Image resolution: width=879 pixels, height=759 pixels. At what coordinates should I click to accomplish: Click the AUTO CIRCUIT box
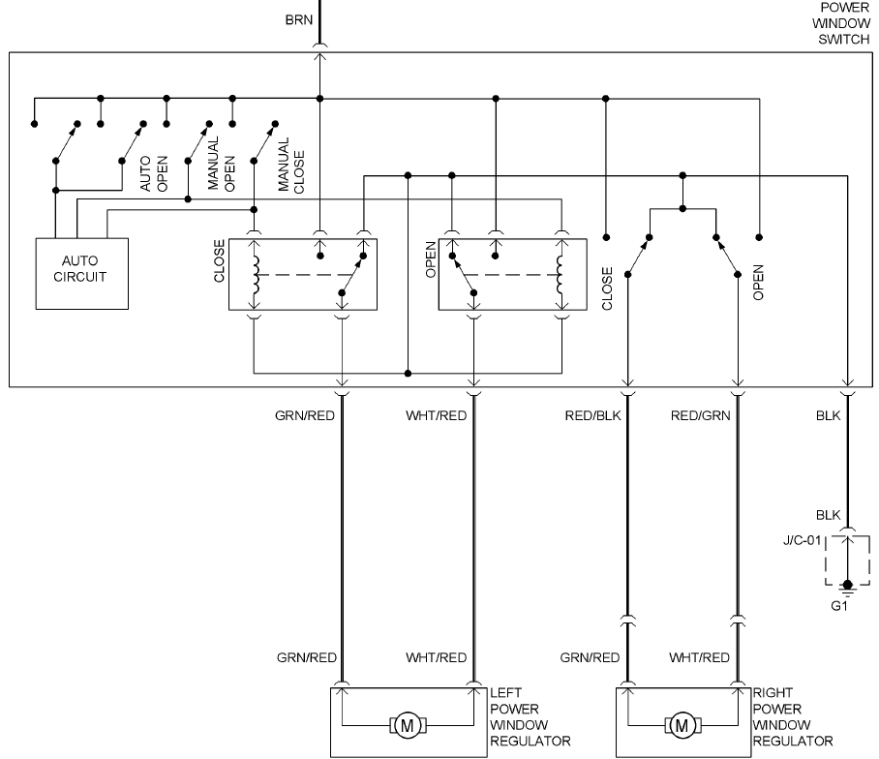[x=83, y=270]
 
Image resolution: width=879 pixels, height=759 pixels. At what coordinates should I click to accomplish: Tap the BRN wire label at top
[x=298, y=19]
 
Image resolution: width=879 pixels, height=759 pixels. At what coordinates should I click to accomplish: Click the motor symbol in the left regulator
[x=407, y=724]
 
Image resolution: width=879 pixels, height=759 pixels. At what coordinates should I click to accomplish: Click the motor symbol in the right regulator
[x=682, y=724]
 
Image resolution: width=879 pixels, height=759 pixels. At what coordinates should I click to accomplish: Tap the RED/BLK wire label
[x=591, y=416]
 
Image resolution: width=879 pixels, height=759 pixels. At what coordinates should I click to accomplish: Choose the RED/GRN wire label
[x=701, y=416]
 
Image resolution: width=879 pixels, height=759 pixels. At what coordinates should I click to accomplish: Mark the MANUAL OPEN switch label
[x=222, y=166]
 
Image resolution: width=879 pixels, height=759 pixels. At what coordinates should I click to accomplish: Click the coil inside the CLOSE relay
[x=256, y=273]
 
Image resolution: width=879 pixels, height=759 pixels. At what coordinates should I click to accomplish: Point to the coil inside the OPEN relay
[x=561, y=273]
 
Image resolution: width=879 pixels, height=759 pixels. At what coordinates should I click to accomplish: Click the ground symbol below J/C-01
[x=848, y=587]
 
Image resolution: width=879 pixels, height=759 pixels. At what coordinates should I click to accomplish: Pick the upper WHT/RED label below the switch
[x=437, y=416]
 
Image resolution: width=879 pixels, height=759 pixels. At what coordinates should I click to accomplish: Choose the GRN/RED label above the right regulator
[x=590, y=658]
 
